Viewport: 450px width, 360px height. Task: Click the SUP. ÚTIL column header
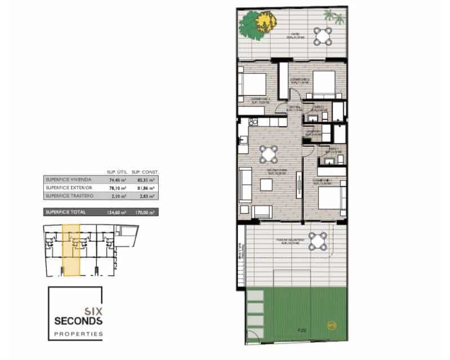coord(116,172)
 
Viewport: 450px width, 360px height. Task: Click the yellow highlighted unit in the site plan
coord(71,250)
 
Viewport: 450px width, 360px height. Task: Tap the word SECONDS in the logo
coord(78,321)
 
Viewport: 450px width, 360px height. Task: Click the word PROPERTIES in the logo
coord(78,334)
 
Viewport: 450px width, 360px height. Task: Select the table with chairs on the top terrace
coord(323,37)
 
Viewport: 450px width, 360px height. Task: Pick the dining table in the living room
coord(269,152)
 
